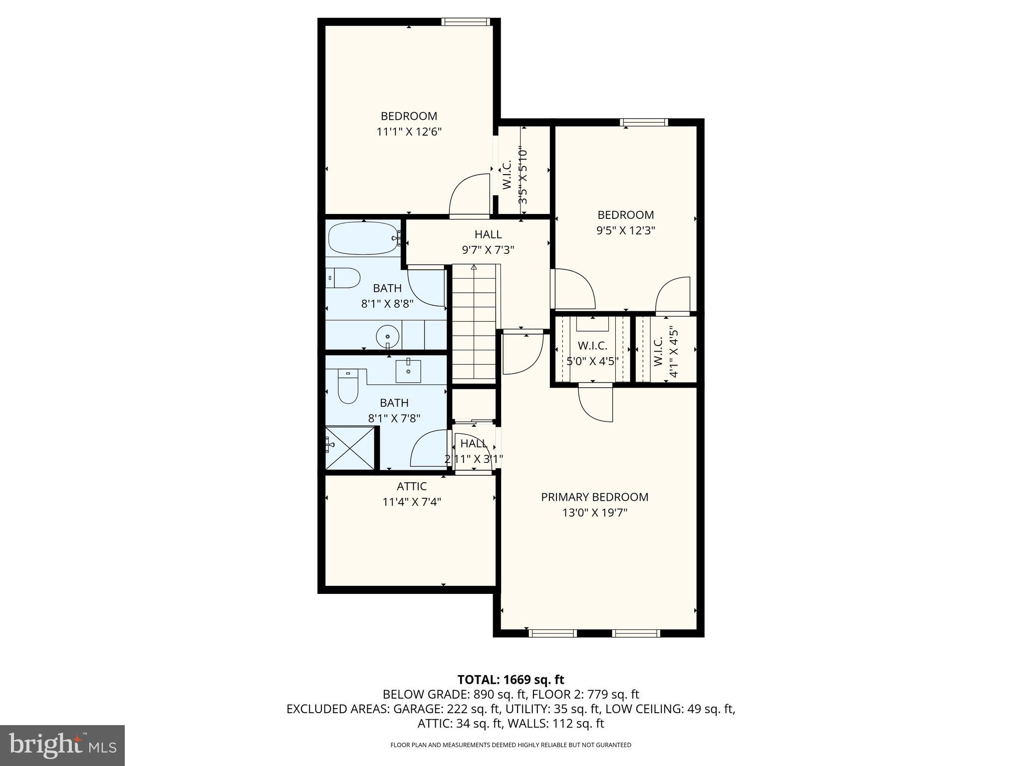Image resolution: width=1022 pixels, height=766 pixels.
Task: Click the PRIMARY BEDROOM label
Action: (x=594, y=497)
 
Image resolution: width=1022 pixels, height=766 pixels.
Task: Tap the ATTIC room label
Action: (x=412, y=486)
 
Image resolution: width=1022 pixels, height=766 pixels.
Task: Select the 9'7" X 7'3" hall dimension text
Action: (x=488, y=250)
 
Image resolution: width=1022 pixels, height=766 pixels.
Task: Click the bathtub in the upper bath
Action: (x=363, y=238)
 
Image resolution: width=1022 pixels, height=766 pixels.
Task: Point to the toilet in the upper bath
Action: (x=344, y=278)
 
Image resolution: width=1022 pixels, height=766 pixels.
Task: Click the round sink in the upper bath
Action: (x=388, y=337)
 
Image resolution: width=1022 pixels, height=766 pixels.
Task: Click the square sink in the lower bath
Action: (x=408, y=371)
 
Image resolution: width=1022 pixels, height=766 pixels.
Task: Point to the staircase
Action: (x=474, y=324)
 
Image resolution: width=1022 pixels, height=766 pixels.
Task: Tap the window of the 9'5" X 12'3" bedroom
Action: (x=644, y=122)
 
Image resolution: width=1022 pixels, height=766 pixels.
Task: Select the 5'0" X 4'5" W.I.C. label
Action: (x=592, y=346)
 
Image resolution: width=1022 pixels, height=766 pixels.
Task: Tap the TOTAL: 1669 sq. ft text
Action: (x=511, y=679)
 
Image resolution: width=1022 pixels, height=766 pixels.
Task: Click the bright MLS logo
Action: (x=62, y=745)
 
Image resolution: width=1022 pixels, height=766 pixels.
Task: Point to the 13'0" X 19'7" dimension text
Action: (x=594, y=513)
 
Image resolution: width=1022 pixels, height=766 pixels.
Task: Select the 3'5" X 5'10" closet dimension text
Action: (x=522, y=175)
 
